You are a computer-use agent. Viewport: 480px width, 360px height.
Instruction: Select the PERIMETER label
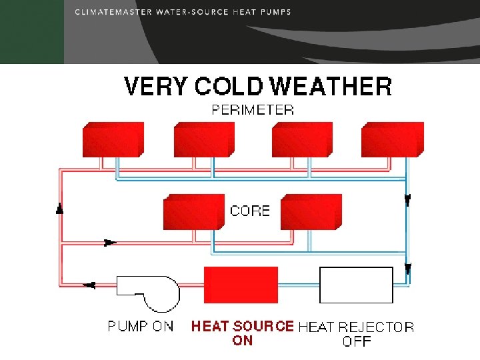[253, 110]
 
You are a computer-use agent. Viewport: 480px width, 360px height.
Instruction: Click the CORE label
[250, 211]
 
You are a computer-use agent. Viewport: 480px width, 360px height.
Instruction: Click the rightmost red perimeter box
[391, 140]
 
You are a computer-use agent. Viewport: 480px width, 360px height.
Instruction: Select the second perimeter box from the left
[204, 140]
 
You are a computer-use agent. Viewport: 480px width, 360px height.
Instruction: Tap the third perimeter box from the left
[301, 140]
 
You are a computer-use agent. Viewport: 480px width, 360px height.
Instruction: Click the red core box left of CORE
[193, 212]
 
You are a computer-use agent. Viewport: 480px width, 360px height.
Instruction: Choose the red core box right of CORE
[311, 212]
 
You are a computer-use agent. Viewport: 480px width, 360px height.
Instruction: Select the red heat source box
[241, 285]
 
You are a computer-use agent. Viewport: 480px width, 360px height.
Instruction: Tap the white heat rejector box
[356, 285]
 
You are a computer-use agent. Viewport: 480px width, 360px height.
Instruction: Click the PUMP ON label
[141, 327]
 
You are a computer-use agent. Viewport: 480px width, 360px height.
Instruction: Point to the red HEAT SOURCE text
[243, 327]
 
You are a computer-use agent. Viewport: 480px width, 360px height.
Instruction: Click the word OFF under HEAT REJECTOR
[357, 341]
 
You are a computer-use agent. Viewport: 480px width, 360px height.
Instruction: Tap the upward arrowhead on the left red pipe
[60, 209]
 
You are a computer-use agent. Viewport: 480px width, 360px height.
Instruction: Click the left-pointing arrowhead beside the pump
[89, 285]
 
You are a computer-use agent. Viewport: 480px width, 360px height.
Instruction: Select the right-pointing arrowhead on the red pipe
[111, 243]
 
